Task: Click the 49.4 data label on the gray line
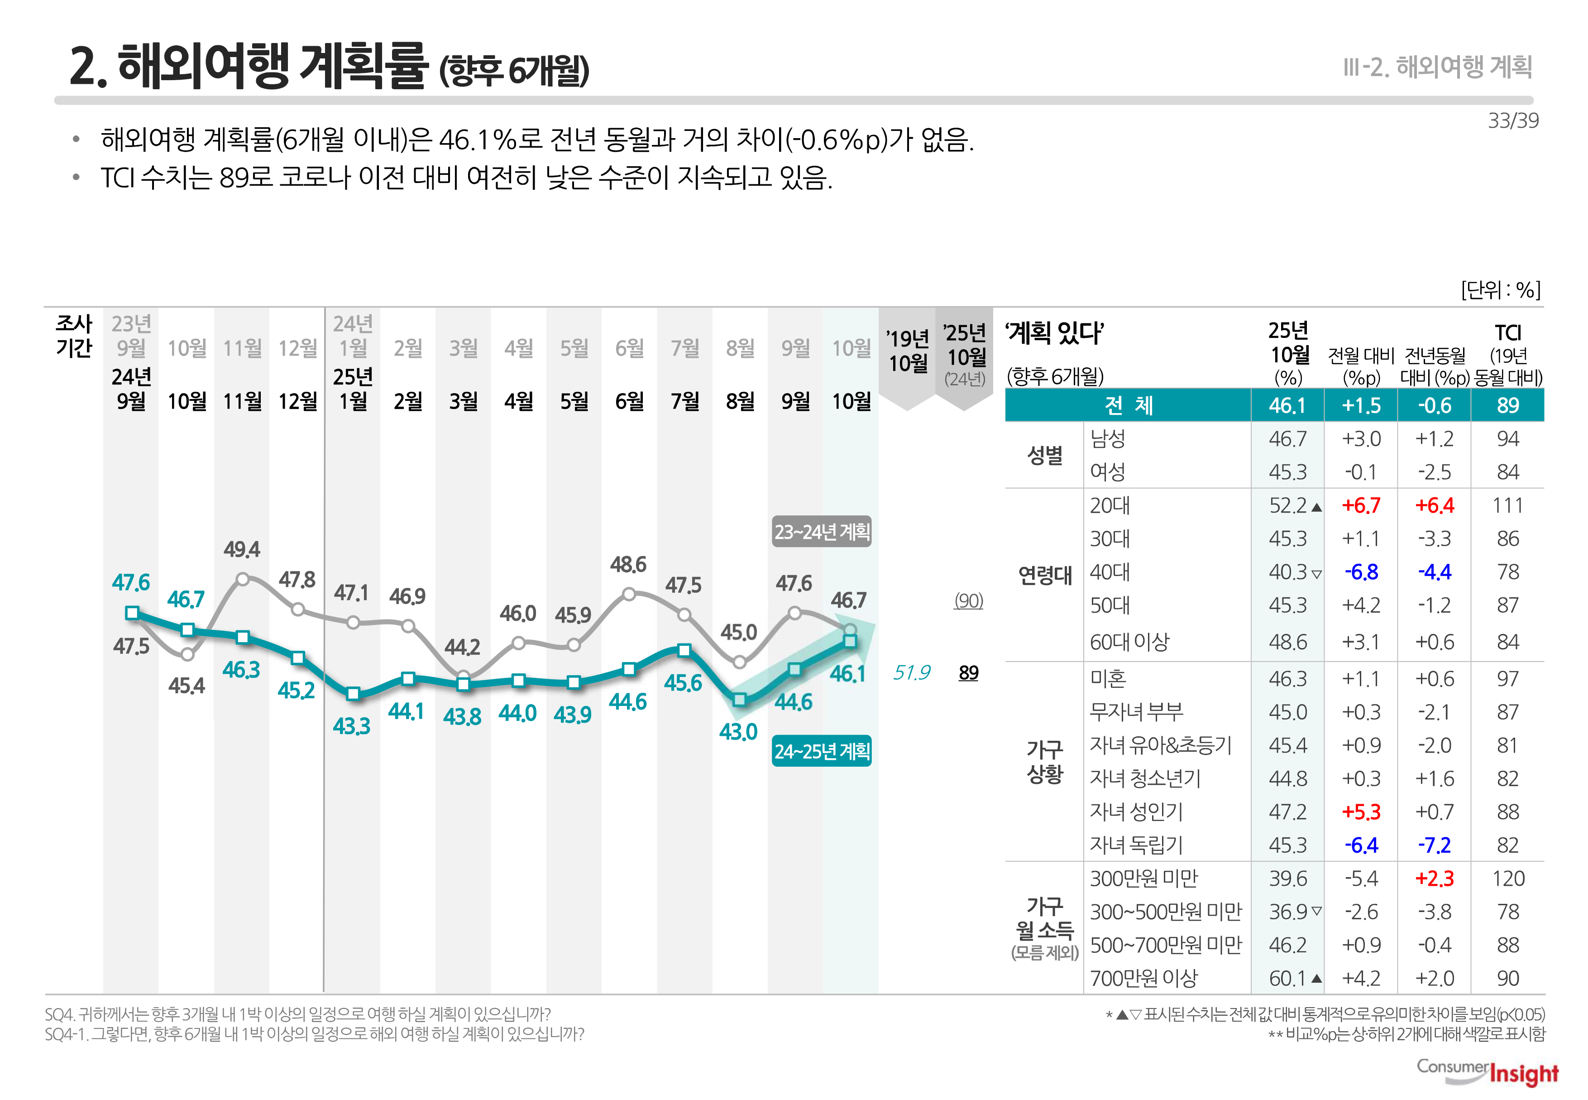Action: click(x=242, y=549)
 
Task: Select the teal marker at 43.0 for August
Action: click(x=739, y=700)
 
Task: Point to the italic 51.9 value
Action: click(x=911, y=672)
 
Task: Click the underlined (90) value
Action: click(x=968, y=601)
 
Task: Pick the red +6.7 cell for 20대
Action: click(x=1361, y=505)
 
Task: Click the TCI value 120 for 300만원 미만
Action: click(x=1507, y=879)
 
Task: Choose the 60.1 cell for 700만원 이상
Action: click(x=1287, y=978)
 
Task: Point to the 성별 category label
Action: click(x=1044, y=455)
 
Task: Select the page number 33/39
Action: click(x=1513, y=120)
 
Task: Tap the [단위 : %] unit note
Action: click(x=1501, y=289)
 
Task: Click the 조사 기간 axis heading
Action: click(x=74, y=336)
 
